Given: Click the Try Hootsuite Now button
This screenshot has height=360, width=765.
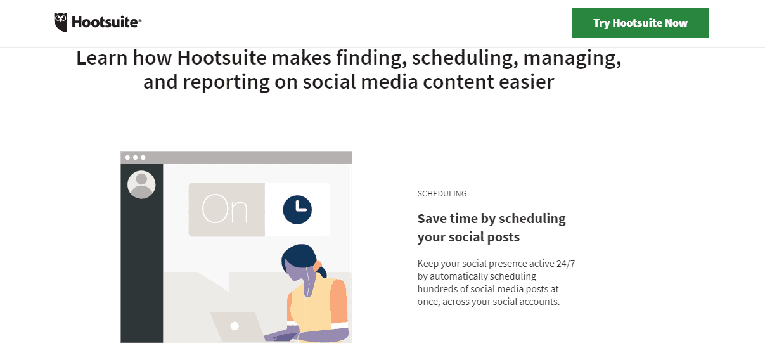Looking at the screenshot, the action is tap(640, 23).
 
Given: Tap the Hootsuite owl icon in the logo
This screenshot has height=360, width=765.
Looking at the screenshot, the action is tap(61, 22).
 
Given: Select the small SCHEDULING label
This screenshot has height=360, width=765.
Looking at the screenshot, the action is tap(442, 194).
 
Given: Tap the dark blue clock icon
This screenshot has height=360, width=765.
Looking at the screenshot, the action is tap(297, 210).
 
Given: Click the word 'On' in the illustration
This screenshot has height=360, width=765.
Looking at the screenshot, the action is tap(225, 209).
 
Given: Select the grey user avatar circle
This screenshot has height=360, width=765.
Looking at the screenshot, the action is tap(141, 184).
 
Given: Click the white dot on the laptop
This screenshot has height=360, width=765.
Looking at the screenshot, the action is tap(235, 326).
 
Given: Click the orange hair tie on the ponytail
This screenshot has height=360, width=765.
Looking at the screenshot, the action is tap(318, 266).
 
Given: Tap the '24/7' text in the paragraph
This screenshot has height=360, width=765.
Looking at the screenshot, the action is tap(565, 264).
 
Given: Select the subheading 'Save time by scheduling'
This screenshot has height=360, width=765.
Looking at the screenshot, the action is tap(491, 219).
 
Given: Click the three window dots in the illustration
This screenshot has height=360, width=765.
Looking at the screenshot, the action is tap(135, 157).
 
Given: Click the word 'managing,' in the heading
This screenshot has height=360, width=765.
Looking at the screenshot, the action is tap(572, 59).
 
